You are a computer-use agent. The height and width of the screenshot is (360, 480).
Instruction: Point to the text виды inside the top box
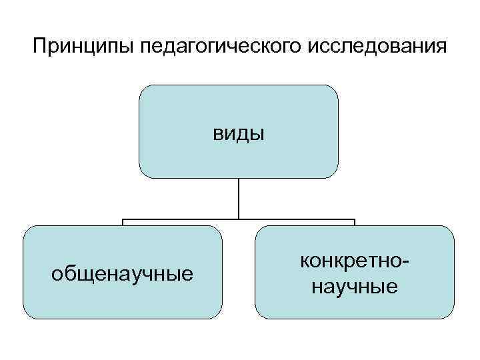pyautogui.click(x=239, y=133)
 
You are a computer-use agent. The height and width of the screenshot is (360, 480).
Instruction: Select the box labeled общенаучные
pyautogui.click(x=122, y=293)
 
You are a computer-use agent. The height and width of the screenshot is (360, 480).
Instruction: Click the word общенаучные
pyautogui.click(x=122, y=273)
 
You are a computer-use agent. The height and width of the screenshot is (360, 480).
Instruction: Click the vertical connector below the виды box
pyautogui.click(x=239, y=198)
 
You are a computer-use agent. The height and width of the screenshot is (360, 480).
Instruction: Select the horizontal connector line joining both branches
pyautogui.click(x=180, y=219)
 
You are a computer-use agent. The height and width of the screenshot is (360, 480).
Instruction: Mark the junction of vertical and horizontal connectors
pyautogui.click(x=239, y=219)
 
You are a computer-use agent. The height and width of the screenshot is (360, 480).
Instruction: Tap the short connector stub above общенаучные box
pyautogui.click(x=122, y=222)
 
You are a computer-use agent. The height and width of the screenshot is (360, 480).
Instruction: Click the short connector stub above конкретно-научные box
pyautogui.click(x=355, y=222)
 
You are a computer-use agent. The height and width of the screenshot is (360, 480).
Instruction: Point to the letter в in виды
pyautogui.click(x=218, y=134)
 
